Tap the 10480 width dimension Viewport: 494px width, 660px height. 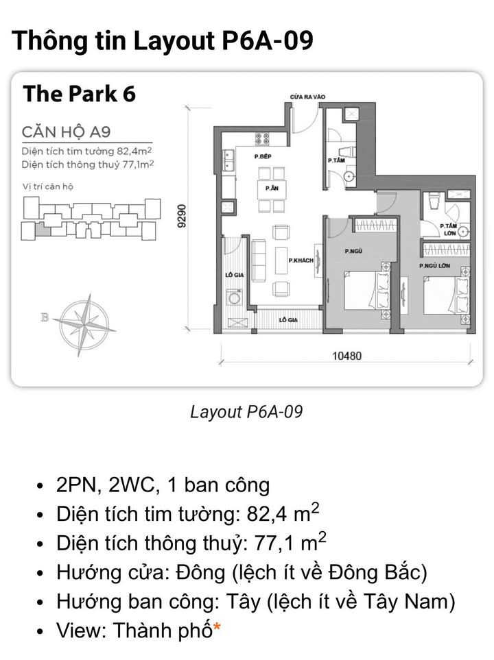[x=346, y=356]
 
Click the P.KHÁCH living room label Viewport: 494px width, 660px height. [x=301, y=260]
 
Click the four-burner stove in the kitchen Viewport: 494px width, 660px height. [x=262, y=138]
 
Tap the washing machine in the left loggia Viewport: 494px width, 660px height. [x=235, y=297]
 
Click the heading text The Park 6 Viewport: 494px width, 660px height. [x=79, y=94]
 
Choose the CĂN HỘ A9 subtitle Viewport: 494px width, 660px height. [x=66, y=131]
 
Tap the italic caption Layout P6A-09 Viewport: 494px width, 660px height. [x=246, y=411]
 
